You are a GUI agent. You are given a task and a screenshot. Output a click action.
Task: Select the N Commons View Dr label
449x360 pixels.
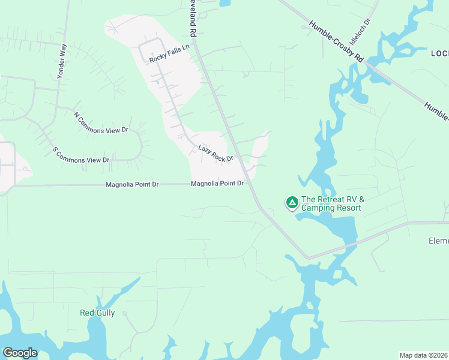101,122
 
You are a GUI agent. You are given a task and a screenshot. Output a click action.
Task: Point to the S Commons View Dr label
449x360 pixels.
81,155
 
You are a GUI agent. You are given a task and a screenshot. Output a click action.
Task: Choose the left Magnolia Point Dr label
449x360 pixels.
132,185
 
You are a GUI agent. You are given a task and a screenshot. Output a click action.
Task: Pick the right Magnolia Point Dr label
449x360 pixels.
217,184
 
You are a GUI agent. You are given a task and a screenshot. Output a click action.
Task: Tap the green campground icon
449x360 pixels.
292,203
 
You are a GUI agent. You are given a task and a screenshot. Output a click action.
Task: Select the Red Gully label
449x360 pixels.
97,313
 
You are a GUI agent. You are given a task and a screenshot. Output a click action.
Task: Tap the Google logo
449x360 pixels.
20,353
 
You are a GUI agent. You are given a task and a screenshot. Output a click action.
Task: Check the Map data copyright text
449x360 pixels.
423,355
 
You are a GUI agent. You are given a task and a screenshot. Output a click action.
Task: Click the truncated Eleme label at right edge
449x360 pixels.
438,241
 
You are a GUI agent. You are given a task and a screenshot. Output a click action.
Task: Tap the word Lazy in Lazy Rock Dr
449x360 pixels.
205,149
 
